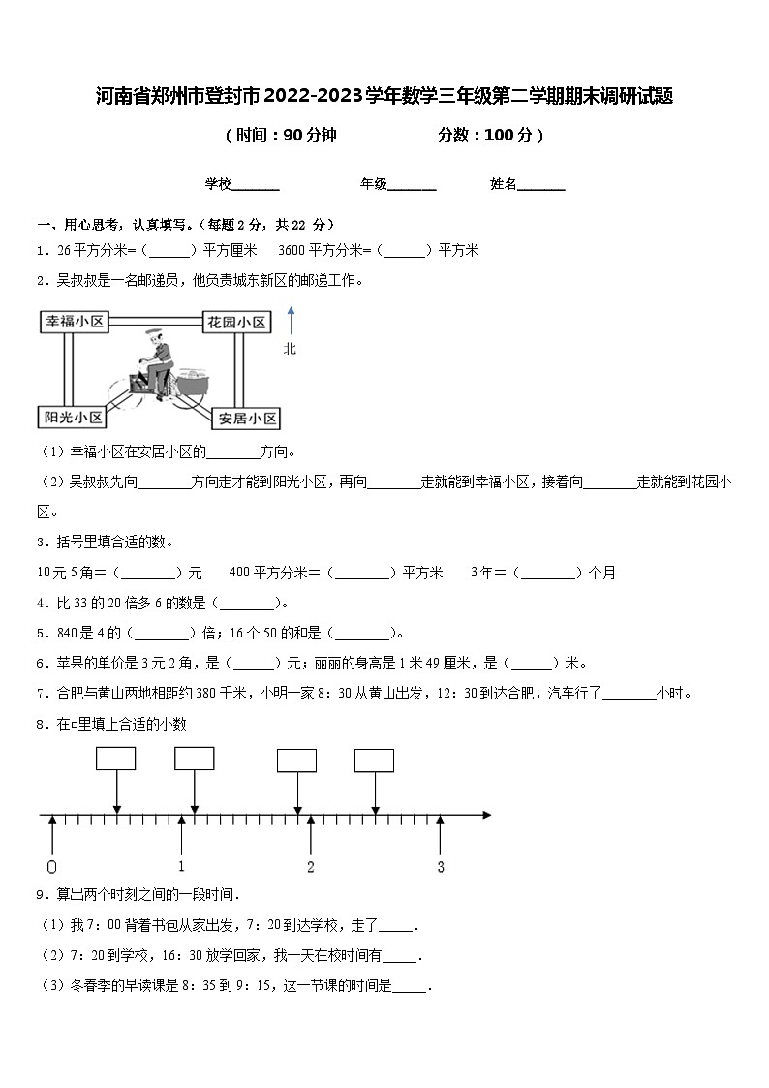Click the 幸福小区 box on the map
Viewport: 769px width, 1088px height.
(74, 322)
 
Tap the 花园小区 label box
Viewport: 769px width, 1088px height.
(236, 322)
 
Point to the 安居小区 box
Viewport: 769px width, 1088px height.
(247, 418)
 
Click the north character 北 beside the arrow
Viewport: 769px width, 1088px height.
(290, 349)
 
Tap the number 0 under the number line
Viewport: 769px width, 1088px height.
(51, 867)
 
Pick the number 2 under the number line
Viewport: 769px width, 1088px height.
(311, 867)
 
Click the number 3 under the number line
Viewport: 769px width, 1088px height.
(441, 867)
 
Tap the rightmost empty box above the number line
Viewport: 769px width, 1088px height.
(374, 761)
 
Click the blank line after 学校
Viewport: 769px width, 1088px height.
(257, 186)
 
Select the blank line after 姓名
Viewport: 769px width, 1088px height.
(542, 186)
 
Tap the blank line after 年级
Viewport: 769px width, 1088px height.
(413, 186)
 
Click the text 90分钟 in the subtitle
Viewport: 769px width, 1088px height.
(309, 136)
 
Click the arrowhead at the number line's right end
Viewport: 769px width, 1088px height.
(486, 816)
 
